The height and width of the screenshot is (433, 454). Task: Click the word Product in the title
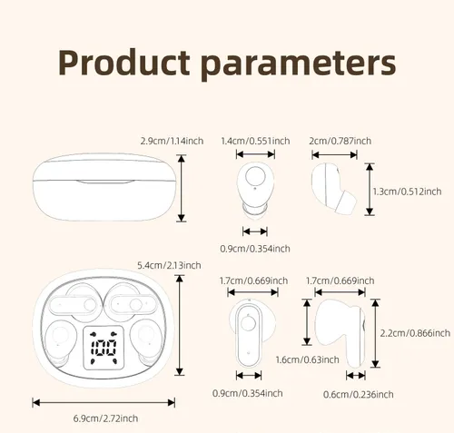pos(123,63)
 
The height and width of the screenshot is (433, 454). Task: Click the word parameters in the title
pos(298,65)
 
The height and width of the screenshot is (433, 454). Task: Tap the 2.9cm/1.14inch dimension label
pos(172,141)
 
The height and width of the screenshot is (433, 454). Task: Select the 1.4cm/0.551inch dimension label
pos(255,141)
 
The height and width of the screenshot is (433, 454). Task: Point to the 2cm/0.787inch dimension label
pos(340,141)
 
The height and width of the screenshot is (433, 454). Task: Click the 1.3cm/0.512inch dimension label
pos(407,192)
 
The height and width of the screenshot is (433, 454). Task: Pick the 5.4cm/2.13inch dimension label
pos(169,265)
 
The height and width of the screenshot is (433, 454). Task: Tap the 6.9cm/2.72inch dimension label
pos(105,418)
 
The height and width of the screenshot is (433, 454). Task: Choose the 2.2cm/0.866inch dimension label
pos(415,333)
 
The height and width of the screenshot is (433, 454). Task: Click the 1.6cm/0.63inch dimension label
pos(307,359)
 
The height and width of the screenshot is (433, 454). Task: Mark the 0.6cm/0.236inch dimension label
pos(359,395)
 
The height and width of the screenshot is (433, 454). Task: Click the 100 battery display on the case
pos(104,349)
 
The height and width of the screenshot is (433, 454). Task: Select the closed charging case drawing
pos(104,187)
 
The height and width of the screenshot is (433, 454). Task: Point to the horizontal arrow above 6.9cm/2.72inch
pos(104,403)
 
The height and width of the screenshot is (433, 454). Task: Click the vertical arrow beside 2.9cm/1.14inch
pos(182,188)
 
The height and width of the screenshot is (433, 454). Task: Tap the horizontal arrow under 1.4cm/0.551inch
pos(255,154)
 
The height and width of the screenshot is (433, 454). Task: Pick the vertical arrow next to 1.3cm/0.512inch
pos(370,189)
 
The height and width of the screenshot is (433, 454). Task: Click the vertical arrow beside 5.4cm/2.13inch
pos(180,325)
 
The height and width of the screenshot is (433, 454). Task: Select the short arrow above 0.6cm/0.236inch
pos(356,376)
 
